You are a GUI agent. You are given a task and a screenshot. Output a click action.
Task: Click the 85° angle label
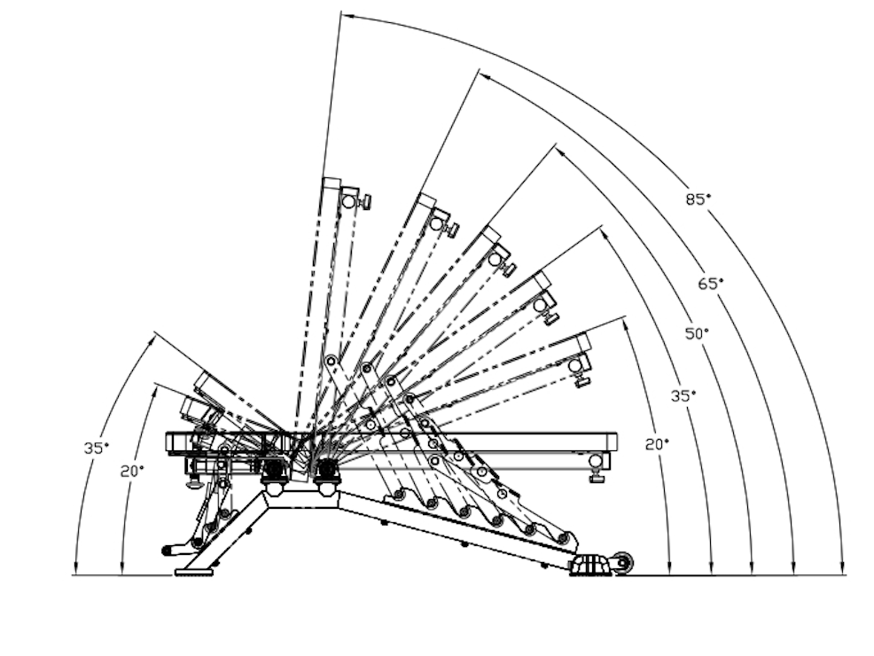pos(698,199)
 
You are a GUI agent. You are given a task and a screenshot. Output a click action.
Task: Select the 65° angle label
pos(711,284)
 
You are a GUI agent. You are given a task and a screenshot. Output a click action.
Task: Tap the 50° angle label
pos(697,334)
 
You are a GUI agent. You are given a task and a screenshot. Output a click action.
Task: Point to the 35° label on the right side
pos(683,396)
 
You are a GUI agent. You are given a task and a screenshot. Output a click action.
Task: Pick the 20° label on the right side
pos(657,445)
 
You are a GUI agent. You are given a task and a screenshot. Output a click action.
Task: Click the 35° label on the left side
pos(97,448)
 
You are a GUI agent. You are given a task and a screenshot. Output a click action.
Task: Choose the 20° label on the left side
pos(132,472)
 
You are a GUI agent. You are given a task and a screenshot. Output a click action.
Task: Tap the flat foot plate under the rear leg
pos(194,572)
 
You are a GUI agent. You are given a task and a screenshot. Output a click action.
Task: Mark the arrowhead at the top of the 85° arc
pos(347,16)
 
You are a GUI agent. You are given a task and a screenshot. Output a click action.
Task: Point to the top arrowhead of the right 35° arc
pos(605,233)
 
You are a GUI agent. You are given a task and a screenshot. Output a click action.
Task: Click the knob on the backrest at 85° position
pos(366,202)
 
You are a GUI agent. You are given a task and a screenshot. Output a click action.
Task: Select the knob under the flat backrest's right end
pos(597,477)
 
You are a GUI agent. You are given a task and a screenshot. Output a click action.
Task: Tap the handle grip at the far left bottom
pos(173,551)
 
